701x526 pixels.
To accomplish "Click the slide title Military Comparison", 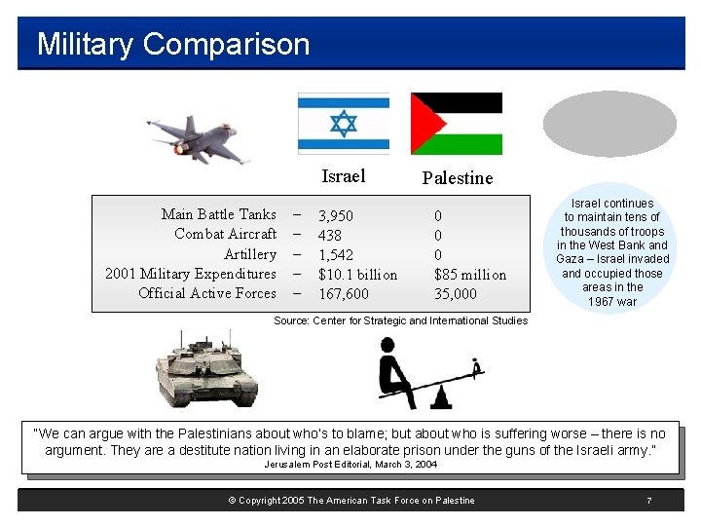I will coord(173,45).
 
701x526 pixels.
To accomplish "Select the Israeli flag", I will coord(343,124).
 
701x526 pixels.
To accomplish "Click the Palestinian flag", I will coord(456,124).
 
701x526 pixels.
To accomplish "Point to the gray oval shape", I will coord(609,125).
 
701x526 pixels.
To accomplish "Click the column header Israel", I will coord(343,176).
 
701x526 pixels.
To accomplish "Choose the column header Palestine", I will coord(457,178).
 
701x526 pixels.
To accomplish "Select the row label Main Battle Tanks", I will coord(218,214).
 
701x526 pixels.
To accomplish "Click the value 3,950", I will coord(336,216).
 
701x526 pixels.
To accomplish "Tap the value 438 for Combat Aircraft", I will coord(330,236).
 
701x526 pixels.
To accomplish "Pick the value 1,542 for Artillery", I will coord(336,255).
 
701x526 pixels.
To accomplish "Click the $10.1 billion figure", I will coord(357,275).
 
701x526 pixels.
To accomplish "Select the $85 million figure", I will coord(470,275).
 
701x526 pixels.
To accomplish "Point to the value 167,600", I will coord(344,294).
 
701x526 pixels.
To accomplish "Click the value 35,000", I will coord(456,294).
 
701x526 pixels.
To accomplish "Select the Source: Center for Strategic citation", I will coord(400,320).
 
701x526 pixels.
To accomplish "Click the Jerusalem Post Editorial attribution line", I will coord(350,465).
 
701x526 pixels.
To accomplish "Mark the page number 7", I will coord(648,501).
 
